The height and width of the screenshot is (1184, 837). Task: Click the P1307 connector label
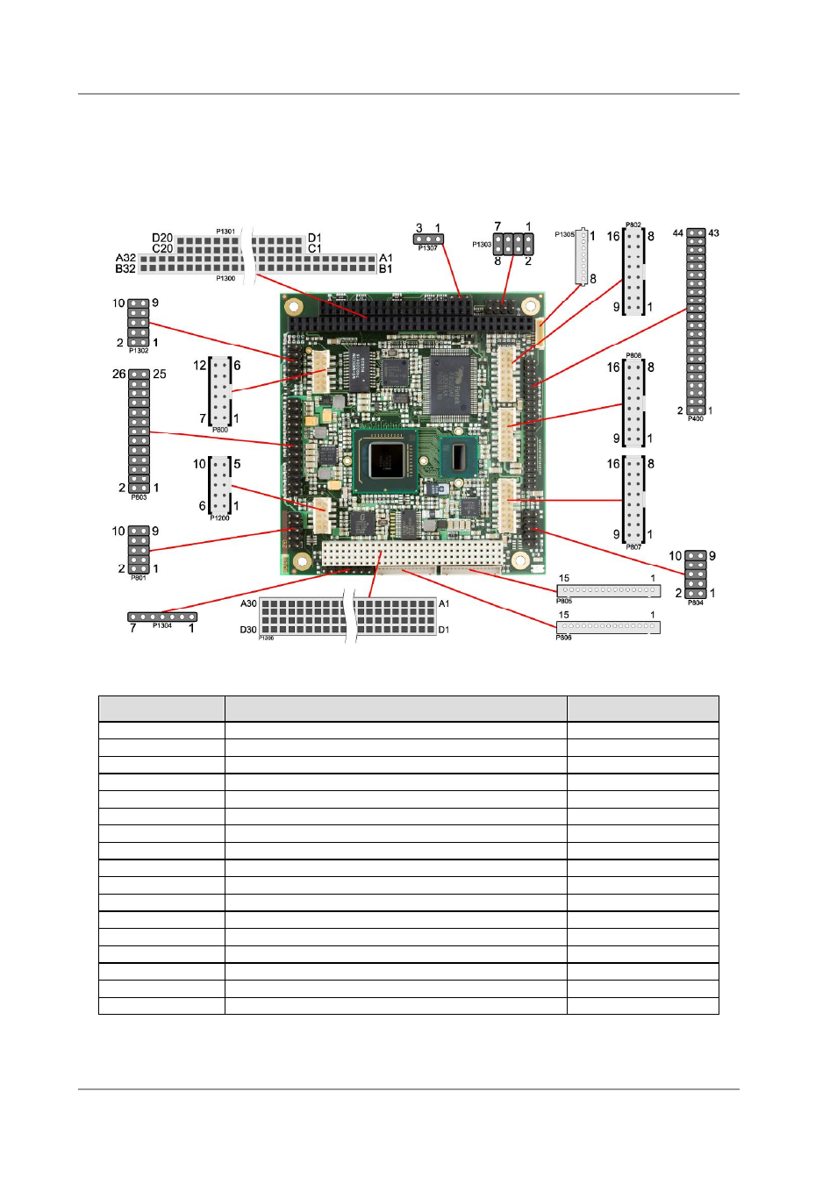427,248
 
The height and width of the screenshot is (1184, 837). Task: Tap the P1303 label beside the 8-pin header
482,245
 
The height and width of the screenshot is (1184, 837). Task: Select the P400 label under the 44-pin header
695,419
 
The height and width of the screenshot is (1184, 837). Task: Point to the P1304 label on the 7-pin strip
162,626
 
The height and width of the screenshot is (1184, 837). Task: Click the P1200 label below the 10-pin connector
219,518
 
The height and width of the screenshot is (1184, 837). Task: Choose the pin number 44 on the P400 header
678,233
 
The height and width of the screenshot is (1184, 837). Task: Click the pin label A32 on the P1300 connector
125,258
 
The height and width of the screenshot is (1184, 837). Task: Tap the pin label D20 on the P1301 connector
162,238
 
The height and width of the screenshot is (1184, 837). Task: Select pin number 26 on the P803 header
119,374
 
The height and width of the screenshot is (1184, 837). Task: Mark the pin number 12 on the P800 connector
200,366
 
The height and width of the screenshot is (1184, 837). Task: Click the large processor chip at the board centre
385,460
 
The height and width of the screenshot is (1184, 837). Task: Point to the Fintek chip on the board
449,387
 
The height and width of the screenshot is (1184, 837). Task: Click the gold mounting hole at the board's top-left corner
295,308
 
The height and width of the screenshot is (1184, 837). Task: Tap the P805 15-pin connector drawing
608,590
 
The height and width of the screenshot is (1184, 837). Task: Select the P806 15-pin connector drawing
608,627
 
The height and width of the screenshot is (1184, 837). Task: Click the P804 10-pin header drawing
696,575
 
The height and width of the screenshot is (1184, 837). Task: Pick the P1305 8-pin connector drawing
581,256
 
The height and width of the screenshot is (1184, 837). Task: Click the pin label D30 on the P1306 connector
248,630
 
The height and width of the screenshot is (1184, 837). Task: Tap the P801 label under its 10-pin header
139,578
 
